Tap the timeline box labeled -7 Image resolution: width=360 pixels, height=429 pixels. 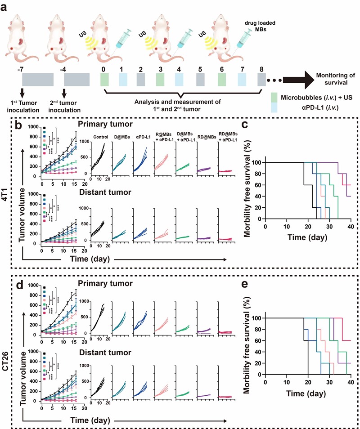38,80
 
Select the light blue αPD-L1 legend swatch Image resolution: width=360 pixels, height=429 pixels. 274,107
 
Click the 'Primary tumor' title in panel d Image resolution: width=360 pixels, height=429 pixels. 111,283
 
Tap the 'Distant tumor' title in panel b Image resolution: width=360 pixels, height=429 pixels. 111,192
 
